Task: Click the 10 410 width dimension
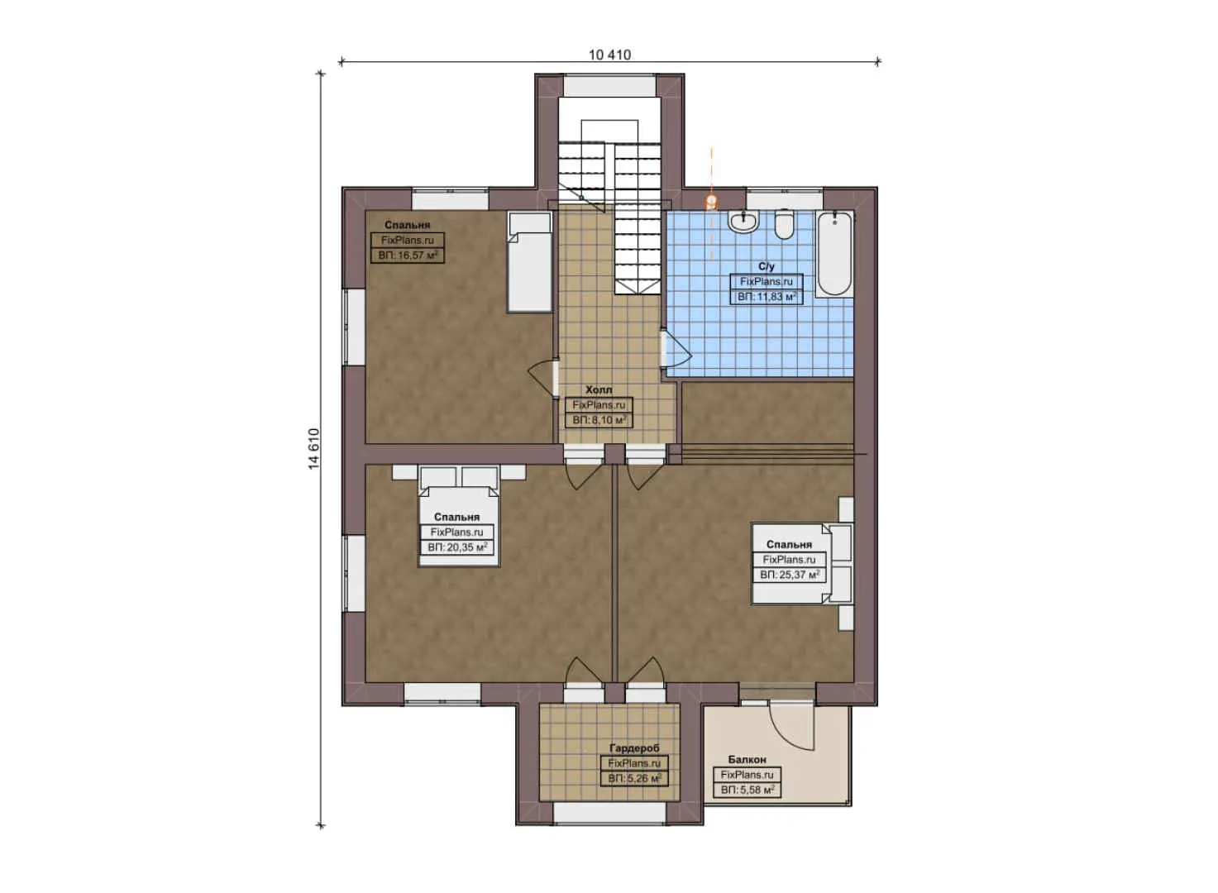[609, 55]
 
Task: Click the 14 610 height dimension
[313, 449]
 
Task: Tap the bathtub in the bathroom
[834, 254]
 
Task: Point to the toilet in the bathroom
[785, 224]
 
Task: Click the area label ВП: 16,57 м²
[407, 255]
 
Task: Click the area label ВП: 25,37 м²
[789, 575]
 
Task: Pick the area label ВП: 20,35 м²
[456, 547]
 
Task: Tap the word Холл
[599, 389]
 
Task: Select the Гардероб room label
[634, 747]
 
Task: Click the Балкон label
[747, 759]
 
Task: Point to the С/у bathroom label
[766, 266]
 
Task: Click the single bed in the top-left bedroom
[529, 262]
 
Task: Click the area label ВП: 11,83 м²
[766, 297]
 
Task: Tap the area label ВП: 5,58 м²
[747, 790]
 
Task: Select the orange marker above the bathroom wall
[710, 199]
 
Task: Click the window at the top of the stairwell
[609, 86]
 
